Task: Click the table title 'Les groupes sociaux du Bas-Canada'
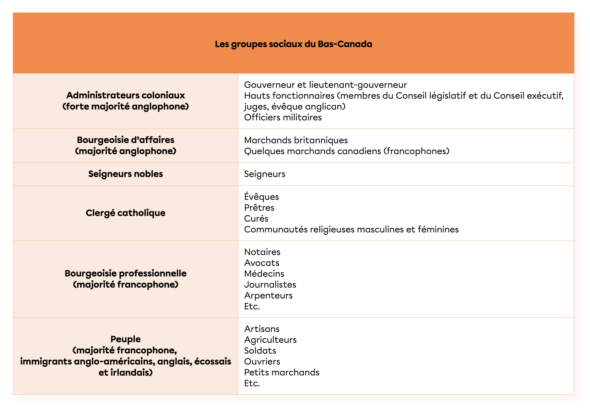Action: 293,44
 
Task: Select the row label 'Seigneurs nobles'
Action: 125,174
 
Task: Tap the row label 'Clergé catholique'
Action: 125,213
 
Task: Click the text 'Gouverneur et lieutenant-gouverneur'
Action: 325,85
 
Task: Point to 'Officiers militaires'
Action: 283,117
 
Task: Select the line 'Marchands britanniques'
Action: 296,140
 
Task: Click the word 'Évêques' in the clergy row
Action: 261,197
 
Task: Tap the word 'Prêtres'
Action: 259,208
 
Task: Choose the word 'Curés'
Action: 256,218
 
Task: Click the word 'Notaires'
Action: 262,252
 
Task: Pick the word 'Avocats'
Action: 262,263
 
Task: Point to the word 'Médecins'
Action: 264,274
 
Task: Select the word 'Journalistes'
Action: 270,285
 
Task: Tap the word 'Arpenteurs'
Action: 268,295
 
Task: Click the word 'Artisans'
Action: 262,329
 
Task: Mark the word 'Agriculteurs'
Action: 270,340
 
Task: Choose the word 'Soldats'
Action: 260,351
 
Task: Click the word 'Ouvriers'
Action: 262,361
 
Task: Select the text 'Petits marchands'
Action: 282,372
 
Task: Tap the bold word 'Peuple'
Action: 125,339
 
